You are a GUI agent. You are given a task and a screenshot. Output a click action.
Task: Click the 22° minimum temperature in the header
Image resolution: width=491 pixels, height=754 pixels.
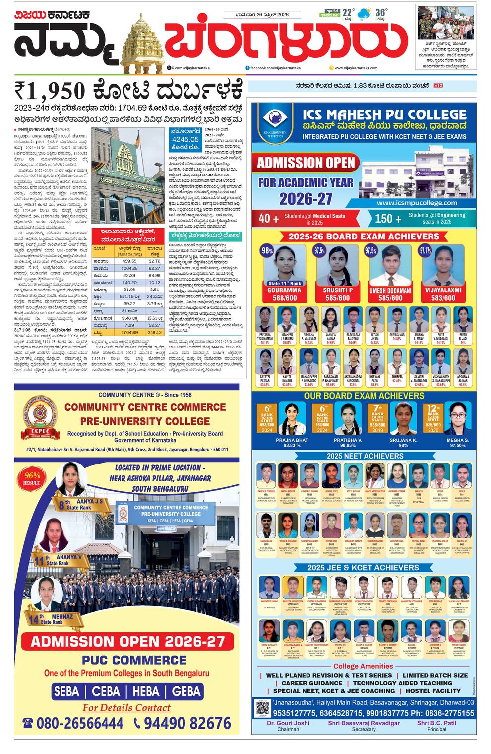click(348, 13)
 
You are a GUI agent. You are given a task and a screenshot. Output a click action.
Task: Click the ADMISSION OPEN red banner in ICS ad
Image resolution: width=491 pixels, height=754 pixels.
click(306, 162)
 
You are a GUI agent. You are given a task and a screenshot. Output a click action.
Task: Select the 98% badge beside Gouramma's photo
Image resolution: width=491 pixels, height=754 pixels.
click(267, 251)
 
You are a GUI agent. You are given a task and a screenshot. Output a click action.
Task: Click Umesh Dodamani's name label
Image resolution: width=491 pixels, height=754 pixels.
click(390, 291)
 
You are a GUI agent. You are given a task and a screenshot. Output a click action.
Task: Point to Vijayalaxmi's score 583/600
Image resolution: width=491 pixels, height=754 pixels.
click(443, 298)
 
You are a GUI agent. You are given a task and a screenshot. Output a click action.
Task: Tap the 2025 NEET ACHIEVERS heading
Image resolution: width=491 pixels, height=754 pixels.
click(365, 456)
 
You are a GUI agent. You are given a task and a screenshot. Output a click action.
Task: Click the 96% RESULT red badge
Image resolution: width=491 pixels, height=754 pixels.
click(32, 478)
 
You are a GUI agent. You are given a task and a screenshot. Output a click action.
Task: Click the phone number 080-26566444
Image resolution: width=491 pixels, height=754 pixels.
click(73, 723)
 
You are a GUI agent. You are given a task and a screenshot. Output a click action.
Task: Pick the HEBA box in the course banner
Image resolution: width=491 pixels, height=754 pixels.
click(146, 691)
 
